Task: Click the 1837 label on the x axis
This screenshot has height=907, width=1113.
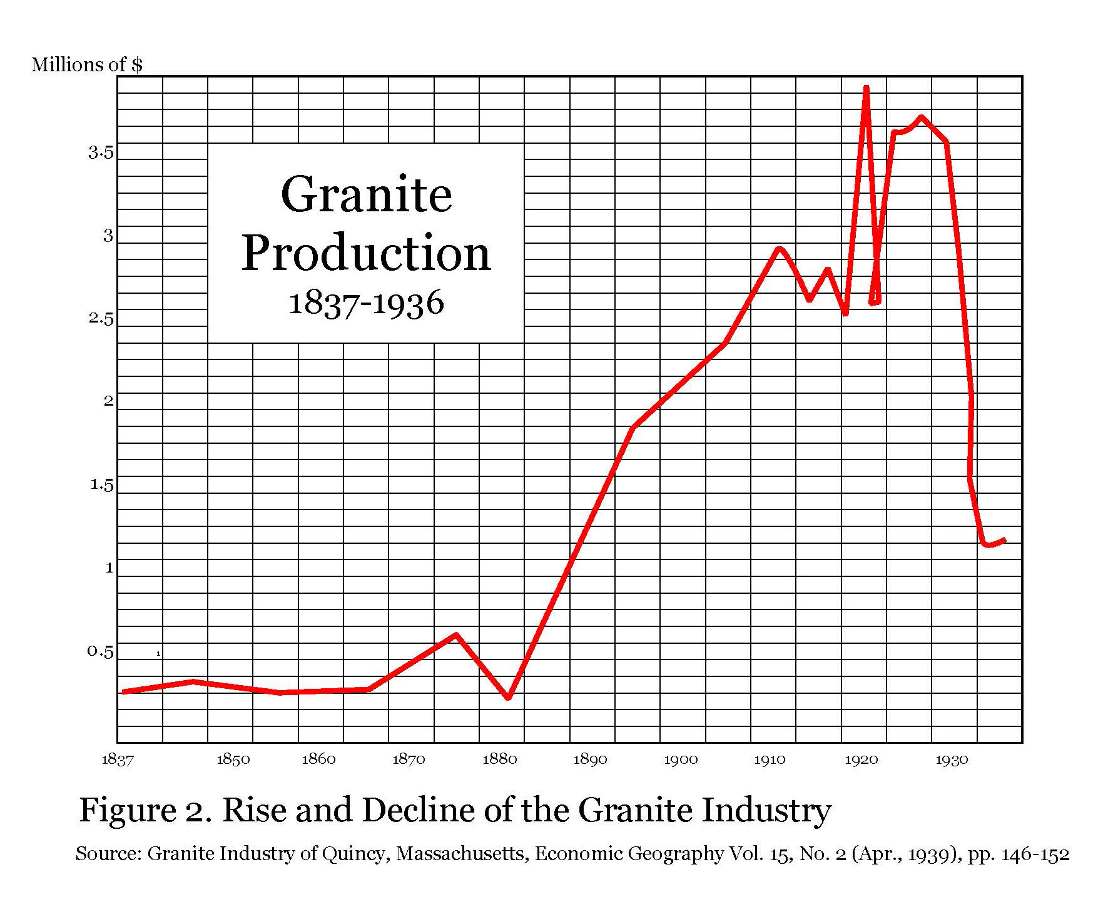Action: pos(118,759)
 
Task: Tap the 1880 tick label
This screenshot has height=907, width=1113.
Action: pos(499,759)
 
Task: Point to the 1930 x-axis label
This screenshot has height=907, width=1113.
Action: pos(952,759)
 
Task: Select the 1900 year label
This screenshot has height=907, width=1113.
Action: pos(681,759)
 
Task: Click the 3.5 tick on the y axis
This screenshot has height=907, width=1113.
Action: pos(101,153)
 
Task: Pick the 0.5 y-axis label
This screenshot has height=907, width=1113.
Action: pos(100,651)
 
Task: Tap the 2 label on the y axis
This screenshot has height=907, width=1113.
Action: pos(109,401)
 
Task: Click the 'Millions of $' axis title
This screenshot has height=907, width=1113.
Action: pos(87,64)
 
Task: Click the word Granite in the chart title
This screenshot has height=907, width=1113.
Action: pos(366,194)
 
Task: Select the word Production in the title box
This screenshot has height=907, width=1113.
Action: pos(366,253)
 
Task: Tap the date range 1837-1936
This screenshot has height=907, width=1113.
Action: pos(366,303)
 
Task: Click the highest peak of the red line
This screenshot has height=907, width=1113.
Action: pos(867,88)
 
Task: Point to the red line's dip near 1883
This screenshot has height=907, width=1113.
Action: pos(508,697)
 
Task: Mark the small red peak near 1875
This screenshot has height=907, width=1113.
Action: pos(456,635)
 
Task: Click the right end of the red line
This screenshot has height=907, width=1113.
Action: pos(1004,540)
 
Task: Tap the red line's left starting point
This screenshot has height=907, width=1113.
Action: pos(124,691)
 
